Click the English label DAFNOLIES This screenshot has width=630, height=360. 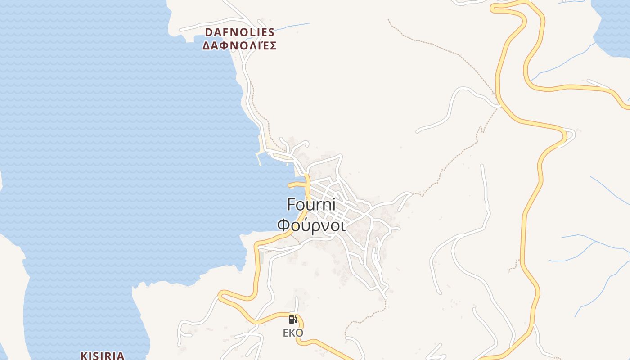point(239,32)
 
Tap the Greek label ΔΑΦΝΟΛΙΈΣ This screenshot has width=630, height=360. point(239,46)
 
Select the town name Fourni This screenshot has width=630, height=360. point(311,205)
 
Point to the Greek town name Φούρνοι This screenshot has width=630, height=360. point(311,225)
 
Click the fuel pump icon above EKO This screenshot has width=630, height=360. point(293,319)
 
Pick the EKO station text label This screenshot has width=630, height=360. point(293,333)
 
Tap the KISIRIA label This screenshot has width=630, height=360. point(102,355)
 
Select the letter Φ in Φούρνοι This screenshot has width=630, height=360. point(283,225)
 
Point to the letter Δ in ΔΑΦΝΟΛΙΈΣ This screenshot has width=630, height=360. point(206,46)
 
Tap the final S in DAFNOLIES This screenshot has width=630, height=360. point(271,32)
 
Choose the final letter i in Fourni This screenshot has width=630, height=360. point(334,205)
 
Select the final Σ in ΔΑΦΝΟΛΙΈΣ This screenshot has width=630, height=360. point(272,46)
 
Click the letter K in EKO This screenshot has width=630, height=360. point(292,333)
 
